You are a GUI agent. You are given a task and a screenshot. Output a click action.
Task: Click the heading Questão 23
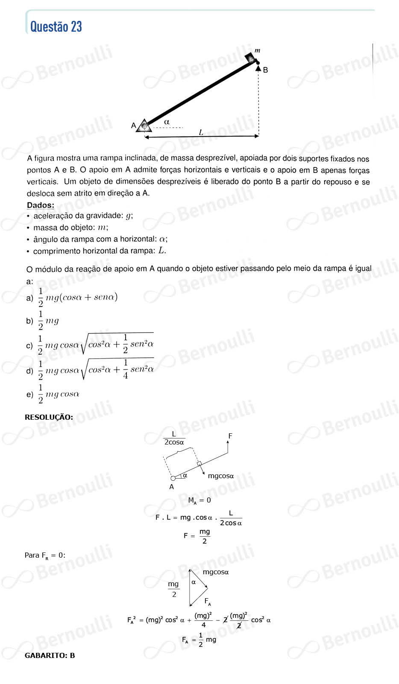pyautogui.click(x=56, y=27)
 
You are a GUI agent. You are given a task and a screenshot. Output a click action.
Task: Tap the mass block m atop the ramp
pyautogui.click(x=251, y=57)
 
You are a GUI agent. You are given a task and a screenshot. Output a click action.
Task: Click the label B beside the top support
pyautogui.click(x=265, y=70)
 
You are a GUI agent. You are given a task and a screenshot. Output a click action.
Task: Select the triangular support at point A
pyautogui.click(x=144, y=126)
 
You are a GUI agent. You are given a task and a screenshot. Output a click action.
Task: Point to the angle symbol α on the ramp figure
pyautogui.click(x=167, y=122)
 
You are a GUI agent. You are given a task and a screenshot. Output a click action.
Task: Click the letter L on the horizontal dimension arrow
pyautogui.click(x=201, y=132)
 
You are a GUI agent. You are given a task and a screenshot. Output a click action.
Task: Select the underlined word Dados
pyautogui.click(x=41, y=205)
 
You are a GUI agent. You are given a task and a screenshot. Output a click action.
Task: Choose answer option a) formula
pyautogui.click(x=77, y=298)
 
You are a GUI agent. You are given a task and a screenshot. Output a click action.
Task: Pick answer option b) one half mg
pyautogui.click(x=48, y=321)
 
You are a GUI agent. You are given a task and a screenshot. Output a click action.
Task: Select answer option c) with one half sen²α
pyautogui.click(x=96, y=345)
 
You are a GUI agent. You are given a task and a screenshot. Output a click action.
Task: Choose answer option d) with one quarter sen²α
pyautogui.click(x=96, y=370)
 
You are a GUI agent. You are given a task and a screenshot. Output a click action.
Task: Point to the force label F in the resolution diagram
pyautogui.click(x=230, y=436)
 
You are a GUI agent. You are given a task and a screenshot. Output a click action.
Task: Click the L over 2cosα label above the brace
pyautogui.click(x=174, y=438)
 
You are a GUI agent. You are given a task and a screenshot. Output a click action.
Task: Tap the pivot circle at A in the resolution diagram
pyautogui.click(x=173, y=478)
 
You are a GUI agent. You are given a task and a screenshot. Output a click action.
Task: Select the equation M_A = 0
pyautogui.click(x=199, y=500)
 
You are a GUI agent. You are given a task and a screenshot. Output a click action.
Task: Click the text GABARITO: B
pyautogui.click(x=50, y=655)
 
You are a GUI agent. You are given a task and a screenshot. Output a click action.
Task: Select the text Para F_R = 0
pyautogui.click(x=45, y=555)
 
